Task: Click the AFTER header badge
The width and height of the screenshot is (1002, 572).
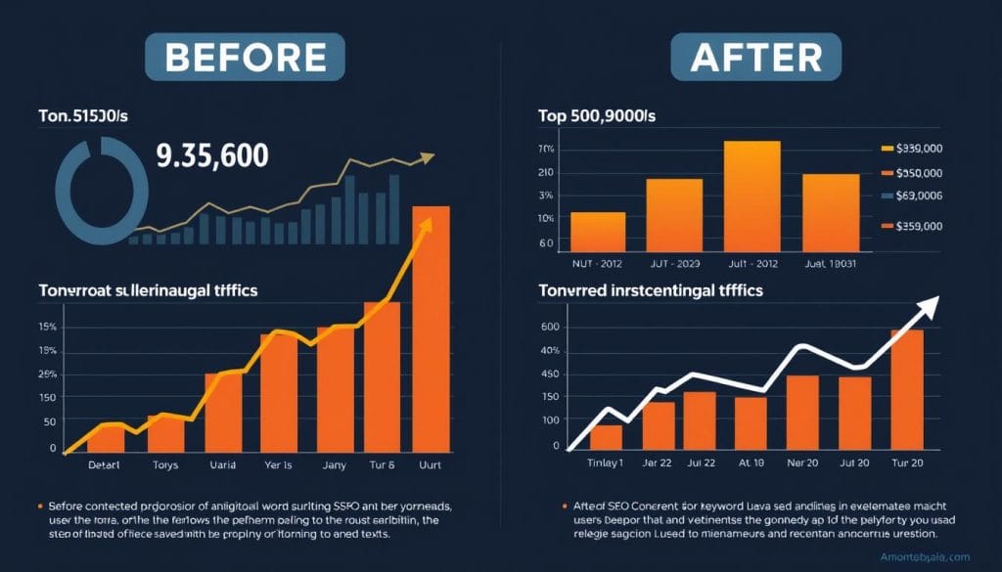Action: [x=747, y=57]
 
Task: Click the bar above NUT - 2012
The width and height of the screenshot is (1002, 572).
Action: [x=597, y=232]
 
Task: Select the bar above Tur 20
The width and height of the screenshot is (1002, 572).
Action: [x=906, y=389]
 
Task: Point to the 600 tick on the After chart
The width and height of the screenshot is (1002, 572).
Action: [x=548, y=328]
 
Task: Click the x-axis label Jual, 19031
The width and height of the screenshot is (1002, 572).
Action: [x=830, y=263]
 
